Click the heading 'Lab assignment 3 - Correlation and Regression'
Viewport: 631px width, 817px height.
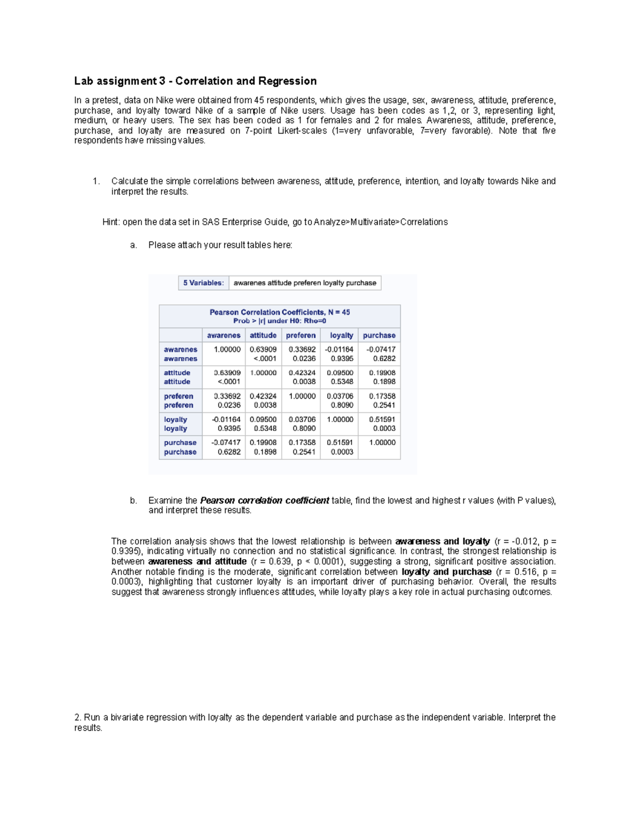click(x=195, y=81)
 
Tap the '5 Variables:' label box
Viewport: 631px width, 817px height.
click(x=203, y=283)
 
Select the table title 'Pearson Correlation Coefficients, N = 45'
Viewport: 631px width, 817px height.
click(x=279, y=312)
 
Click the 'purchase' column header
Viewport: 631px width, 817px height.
click(x=379, y=335)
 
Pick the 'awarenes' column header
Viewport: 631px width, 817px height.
click(x=223, y=335)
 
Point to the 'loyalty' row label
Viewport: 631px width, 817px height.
click(x=176, y=424)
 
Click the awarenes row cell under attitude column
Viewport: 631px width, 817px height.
click(x=263, y=354)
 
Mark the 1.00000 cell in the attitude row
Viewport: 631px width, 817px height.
click(x=263, y=372)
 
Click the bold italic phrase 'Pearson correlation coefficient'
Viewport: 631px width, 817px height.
click(x=264, y=500)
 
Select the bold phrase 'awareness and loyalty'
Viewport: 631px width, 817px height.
click(x=442, y=541)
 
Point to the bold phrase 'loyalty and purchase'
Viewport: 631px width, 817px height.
click(x=446, y=572)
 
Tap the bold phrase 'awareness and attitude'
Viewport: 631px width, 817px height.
click(x=197, y=561)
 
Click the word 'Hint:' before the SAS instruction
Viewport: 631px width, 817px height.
click(x=111, y=222)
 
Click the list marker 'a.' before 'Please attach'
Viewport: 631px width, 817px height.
click(x=134, y=245)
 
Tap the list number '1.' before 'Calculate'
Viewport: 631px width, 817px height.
click(x=96, y=181)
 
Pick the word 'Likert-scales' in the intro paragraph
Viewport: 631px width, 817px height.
click(x=302, y=130)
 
